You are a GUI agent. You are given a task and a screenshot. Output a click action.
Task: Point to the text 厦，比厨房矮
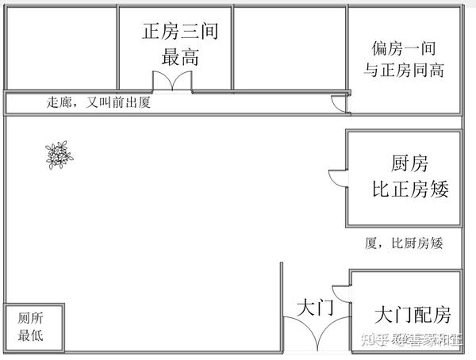click(403, 243)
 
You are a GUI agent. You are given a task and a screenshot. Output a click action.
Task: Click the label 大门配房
click(412, 315)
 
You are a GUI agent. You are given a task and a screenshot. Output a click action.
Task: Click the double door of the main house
click(173, 82)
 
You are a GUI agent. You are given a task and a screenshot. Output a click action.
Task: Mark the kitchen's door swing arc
click(336, 178)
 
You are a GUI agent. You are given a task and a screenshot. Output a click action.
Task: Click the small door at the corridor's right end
click(338, 104)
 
